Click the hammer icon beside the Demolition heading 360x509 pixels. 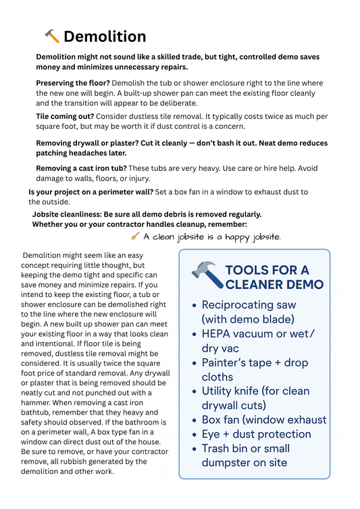pyautogui.click(x=52, y=36)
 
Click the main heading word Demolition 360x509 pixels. pyautogui.click(x=105, y=36)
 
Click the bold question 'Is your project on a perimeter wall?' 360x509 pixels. pyautogui.click(x=91, y=192)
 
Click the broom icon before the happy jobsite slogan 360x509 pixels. pyautogui.click(x=134, y=236)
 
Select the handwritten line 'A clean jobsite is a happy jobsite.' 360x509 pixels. pyautogui.click(x=212, y=237)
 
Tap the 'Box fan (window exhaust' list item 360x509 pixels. pyautogui.click(x=263, y=420)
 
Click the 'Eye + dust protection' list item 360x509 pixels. pyautogui.click(x=256, y=434)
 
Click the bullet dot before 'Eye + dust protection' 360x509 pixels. pyautogui.click(x=195, y=435)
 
